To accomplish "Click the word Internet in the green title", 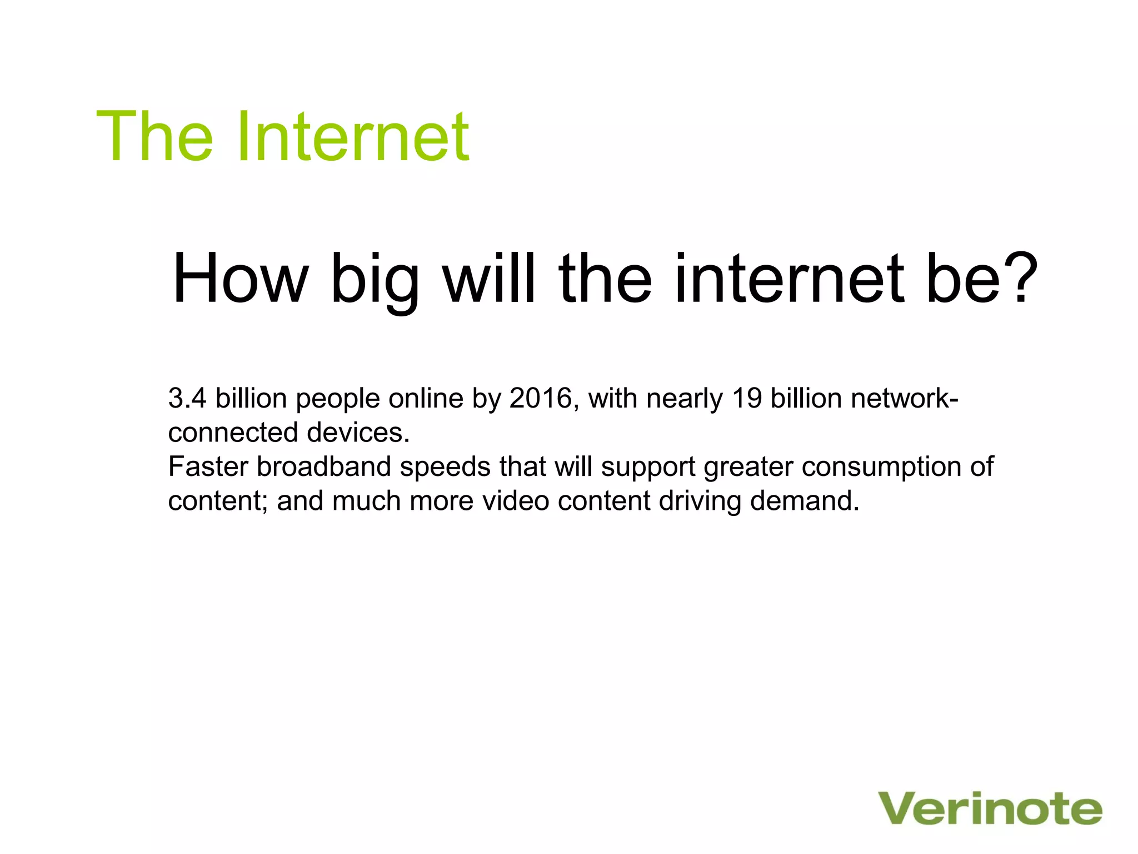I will pos(353,136).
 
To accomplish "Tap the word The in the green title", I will pos(154,136).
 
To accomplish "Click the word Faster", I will pos(208,466).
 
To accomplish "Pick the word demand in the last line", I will pos(804,501).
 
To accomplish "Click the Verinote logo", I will pos(990,809).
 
